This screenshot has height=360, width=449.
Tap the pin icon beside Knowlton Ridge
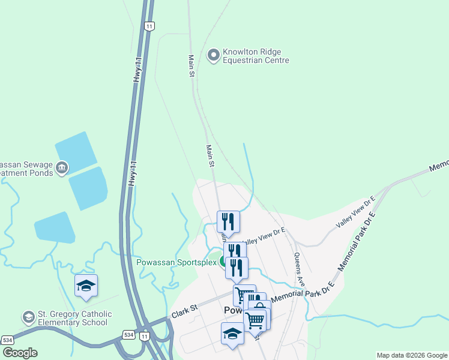coord(213,56)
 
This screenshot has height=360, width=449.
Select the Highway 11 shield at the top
coord(149,26)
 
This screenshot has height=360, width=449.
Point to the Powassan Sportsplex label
coord(175,262)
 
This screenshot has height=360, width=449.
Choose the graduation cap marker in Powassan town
coord(232,334)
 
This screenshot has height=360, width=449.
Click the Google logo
coord(20,353)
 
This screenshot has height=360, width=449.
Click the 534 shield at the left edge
coord(7,340)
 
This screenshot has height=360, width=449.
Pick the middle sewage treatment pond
coord(88,187)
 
